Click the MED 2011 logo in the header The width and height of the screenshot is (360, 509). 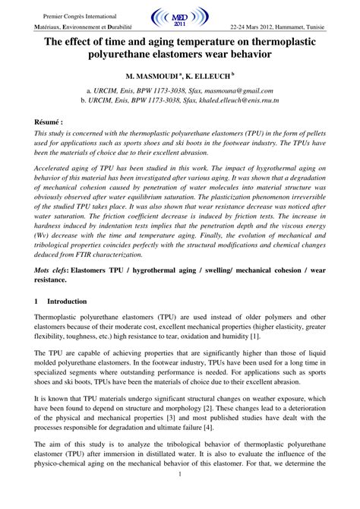(180, 16)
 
